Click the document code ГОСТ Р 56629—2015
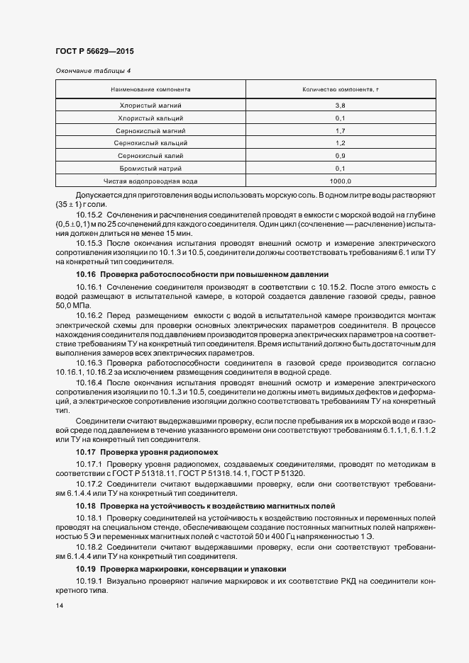[x=94, y=52]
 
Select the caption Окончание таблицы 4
[x=93, y=71]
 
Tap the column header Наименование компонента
[x=150, y=90]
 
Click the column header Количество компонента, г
[x=340, y=90]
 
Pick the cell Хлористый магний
[x=150, y=105]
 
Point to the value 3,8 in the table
[x=340, y=105]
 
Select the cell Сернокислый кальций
[x=150, y=143]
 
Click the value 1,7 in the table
[x=340, y=130]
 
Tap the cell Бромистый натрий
[x=150, y=169]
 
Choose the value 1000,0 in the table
[x=340, y=181]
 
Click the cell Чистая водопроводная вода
[x=150, y=181]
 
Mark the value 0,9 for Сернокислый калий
[x=340, y=156]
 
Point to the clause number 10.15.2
[x=89, y=214]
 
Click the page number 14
[x=60, y=606]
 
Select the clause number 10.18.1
[x=89, y=518]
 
